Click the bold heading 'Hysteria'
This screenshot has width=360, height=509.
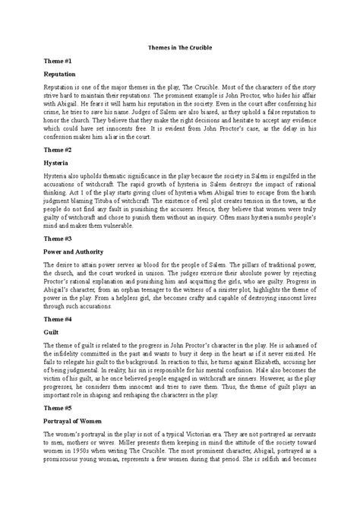pyautogui.click(x=55, y=165)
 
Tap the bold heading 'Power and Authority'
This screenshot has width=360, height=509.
pyautogui.click(x=75, y=252)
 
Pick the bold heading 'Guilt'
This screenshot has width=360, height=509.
pyautogui.click(x=51, y=332)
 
